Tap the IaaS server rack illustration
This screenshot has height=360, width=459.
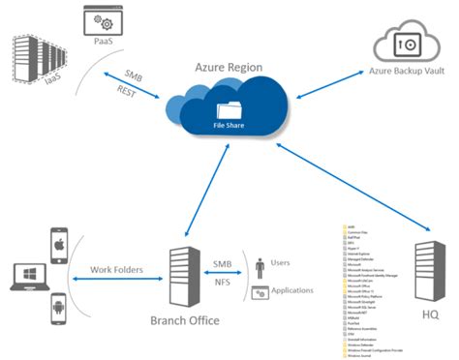(x=38, y=59)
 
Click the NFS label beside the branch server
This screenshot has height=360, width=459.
(x=221, y=283)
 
